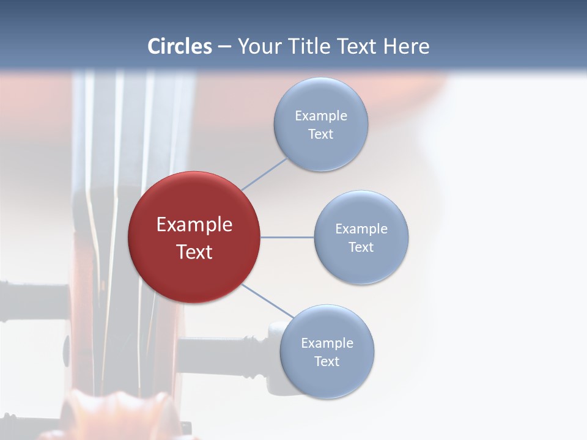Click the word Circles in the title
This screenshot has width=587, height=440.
(x=180, y=46)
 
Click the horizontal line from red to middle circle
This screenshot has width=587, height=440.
(x=287, y=237)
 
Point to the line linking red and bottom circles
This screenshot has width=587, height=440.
(x=267, y=301)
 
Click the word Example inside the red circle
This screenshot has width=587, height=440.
(x=194, y=225)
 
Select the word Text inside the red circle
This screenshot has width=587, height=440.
(x=194, y=252)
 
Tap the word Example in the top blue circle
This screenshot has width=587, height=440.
(x=320, y=116)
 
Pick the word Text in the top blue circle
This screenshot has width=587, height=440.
(x=320, y=134)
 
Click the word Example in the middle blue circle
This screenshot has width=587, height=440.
(x=361, y=229)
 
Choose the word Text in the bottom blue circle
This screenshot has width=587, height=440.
(x=327, y=362)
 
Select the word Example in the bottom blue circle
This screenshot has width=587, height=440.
(x=327, y=343)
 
